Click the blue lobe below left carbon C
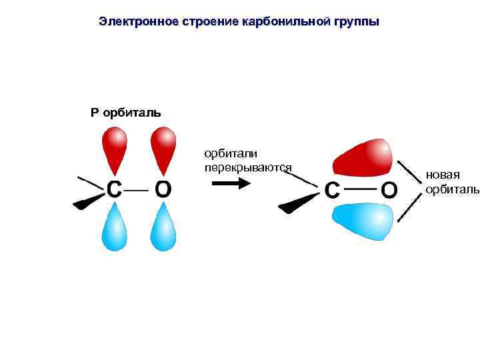coord(114,227)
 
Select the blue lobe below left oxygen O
coord(163,227)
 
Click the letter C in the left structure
coord(114,189)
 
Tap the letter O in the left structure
coord(163,189)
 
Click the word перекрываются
coord(248,167)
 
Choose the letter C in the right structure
coord(332,191)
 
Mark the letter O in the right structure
coord(389,191)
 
